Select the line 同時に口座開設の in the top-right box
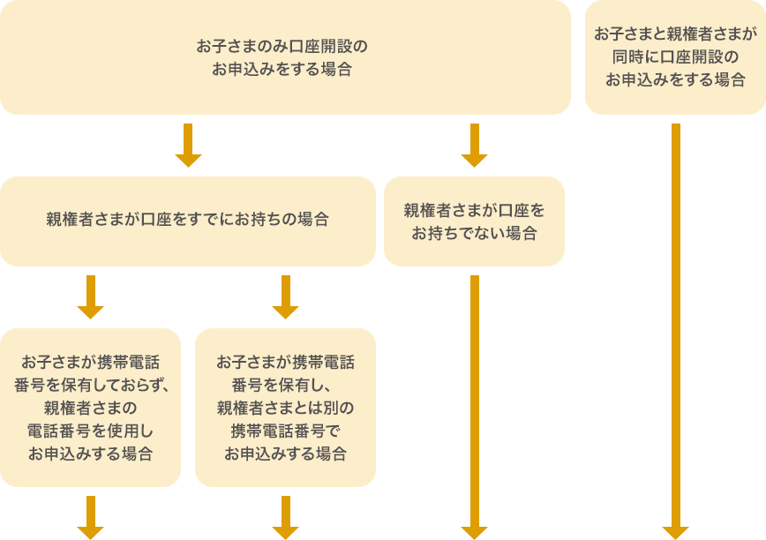[675, 57]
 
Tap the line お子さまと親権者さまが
[675, 34]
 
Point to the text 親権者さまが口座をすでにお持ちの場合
[187, 220]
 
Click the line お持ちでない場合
[474, 234]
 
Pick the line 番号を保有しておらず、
[91, 385]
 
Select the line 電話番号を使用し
[91, 431]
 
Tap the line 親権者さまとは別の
[285, 408]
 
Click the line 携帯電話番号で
[285, 431]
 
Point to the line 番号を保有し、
[285, 385]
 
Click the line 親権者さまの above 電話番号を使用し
[91, 408]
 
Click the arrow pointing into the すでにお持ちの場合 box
[188, 146]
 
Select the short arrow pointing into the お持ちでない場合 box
[474, 146]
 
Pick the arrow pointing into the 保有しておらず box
[91, 297]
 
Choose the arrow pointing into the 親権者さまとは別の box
[285, 297]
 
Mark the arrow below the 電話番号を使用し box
[91, 518]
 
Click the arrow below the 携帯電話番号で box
[285, 518]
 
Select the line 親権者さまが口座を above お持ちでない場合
[474, 211]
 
